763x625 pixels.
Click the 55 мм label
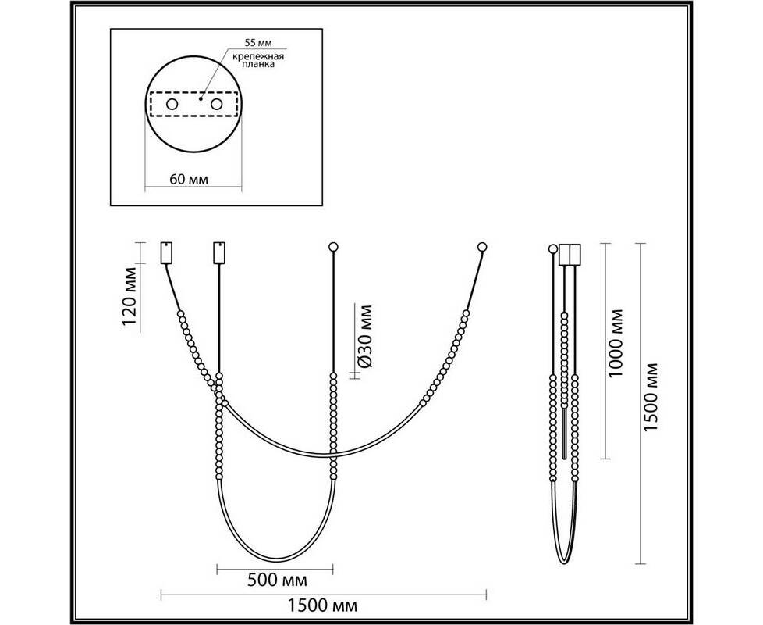coord(258,43)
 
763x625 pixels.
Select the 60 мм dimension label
coord(189,179)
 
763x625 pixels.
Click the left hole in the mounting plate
coord(172,104)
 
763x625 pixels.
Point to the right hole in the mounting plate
coord(217,104)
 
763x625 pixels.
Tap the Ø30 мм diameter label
coord(364,337)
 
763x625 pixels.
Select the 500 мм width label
coord(278,580)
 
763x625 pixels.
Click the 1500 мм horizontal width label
coord(323,605)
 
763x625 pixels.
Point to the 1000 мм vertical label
coord(616,343)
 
